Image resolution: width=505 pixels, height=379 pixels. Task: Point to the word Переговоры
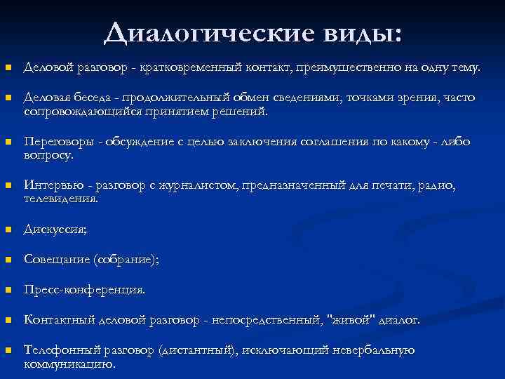59,142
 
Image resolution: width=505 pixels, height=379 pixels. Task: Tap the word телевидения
60,199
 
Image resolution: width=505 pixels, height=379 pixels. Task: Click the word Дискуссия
55,230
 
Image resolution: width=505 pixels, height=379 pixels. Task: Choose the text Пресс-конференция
85,289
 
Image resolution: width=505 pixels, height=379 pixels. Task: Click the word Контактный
59,320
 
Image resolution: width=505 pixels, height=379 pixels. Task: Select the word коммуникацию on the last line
68,364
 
